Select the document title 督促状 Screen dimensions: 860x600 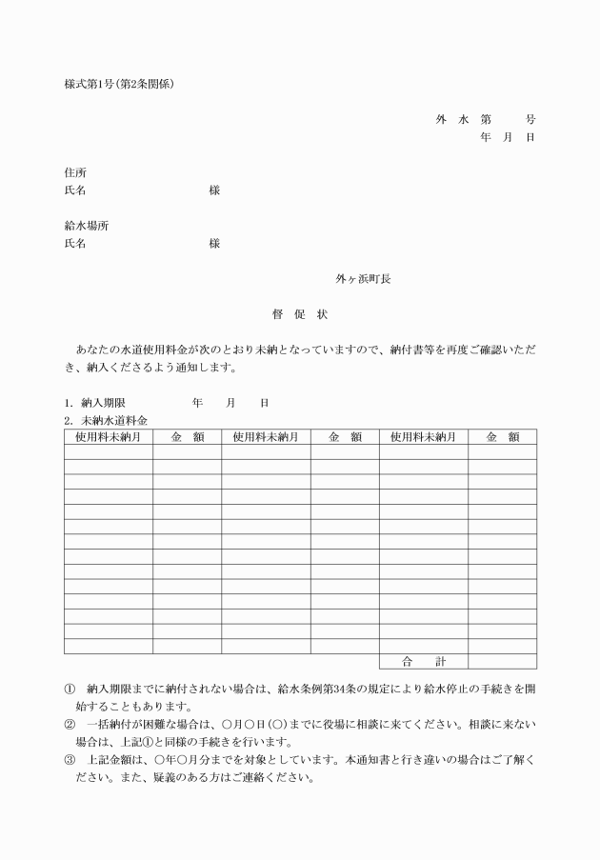point(300,315)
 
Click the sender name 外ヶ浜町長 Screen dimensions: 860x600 point(363,279)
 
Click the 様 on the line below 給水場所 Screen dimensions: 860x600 point(214,244)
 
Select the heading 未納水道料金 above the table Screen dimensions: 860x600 point(114,420)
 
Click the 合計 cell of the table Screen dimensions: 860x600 point(423,660)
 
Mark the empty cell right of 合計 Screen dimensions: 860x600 point(501,660)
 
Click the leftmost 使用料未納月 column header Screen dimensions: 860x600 point(109,437)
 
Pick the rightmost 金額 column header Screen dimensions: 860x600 point(501,437)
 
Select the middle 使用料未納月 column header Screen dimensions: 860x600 point(266,437)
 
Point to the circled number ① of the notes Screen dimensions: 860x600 point(70,688)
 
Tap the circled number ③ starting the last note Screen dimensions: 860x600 point(70,760)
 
